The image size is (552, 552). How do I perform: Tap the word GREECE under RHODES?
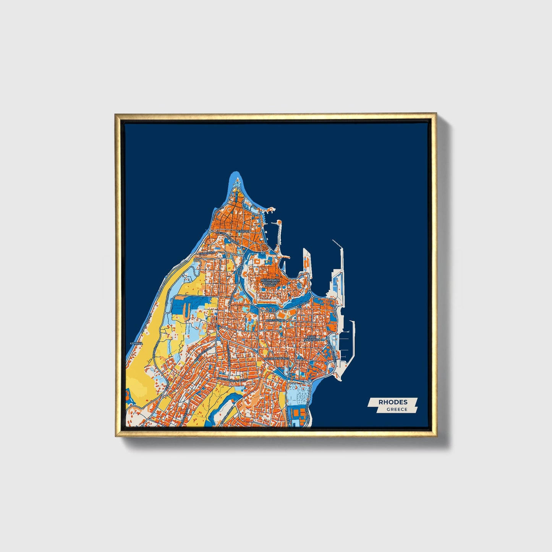coord(397,410)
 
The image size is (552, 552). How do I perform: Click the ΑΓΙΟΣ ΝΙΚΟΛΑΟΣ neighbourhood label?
coord(311,338)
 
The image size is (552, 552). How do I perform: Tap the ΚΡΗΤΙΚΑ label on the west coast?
coord(136,343)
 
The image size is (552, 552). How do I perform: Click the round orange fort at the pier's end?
coord(279,223)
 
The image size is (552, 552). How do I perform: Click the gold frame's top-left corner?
coord(116,114)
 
